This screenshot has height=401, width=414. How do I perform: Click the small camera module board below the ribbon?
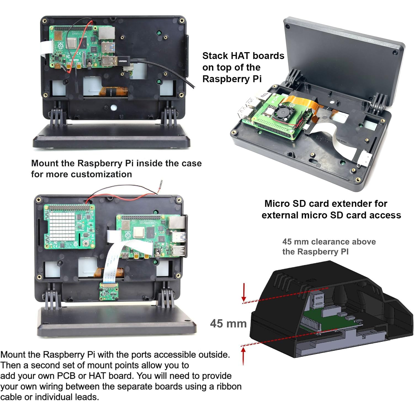pos(108,291)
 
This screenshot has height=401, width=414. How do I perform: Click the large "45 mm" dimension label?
pos(228,324)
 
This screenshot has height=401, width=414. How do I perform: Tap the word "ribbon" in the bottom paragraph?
pos(229,386)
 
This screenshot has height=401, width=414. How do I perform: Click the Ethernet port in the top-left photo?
pos(107,33)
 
